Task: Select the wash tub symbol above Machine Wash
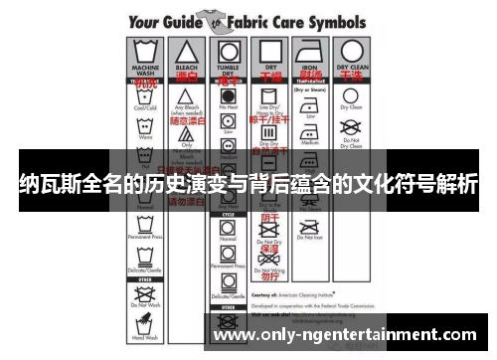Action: click(x=143, y=52)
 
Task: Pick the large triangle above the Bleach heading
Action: click(x=185, y=51)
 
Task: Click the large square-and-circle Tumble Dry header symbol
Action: click(x=227, y=51)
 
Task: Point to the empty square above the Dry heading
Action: click(x=268, y=51)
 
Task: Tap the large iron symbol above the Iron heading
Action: click(x=310, y=52)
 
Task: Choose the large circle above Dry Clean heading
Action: click(x=352, y=51)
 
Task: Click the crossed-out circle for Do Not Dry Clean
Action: click(x=352, y=126)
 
